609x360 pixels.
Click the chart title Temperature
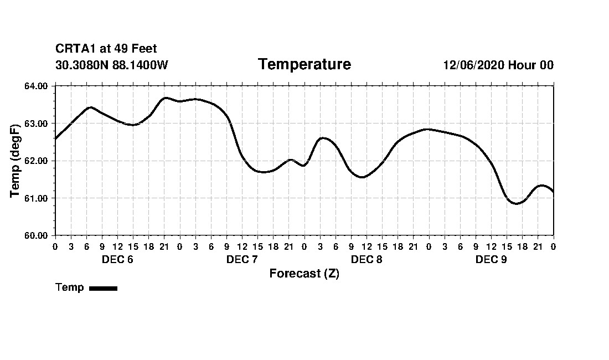(x=304, y=64)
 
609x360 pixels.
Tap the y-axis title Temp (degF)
(x=15, y=161)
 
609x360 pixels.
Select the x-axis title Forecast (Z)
(x=304, y=274)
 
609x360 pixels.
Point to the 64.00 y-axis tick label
(x=37, y=86)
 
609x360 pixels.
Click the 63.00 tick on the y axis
(x=37, y=124)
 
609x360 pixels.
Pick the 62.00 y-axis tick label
(x=37, y=161)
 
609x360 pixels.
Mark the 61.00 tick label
(x=37, y=198)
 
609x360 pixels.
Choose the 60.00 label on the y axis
(x=37, y=235)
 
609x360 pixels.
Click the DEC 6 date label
(x=117, y=259)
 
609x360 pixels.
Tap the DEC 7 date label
(x=242, y=259)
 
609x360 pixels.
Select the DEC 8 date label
(x=367, y=259)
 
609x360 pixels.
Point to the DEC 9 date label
(x=491, y=259)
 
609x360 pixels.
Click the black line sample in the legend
(x=103, y=288)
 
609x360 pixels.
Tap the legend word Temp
(x=69, y=287)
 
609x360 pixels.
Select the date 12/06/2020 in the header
(x=473, y=65)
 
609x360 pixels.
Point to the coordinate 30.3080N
(x=82, y=65)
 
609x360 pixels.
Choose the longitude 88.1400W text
(x=140, y=65)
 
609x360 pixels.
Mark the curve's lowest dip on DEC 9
(x=517, y=204)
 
